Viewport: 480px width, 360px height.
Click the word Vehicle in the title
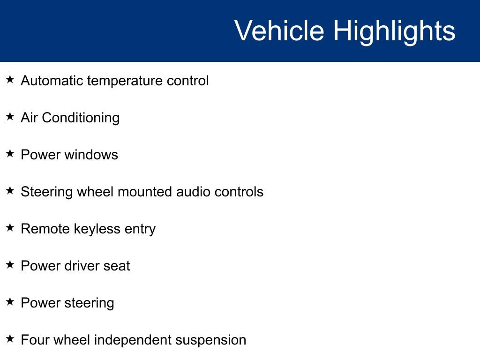(279, 31)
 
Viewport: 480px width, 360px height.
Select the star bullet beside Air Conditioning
(10, 117)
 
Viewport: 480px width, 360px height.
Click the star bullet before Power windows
(10, 154)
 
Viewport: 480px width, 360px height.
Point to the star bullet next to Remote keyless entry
(10, 228)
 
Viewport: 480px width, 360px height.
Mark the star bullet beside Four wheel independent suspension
(10, 339)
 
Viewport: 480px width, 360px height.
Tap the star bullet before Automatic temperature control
(10, 80)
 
